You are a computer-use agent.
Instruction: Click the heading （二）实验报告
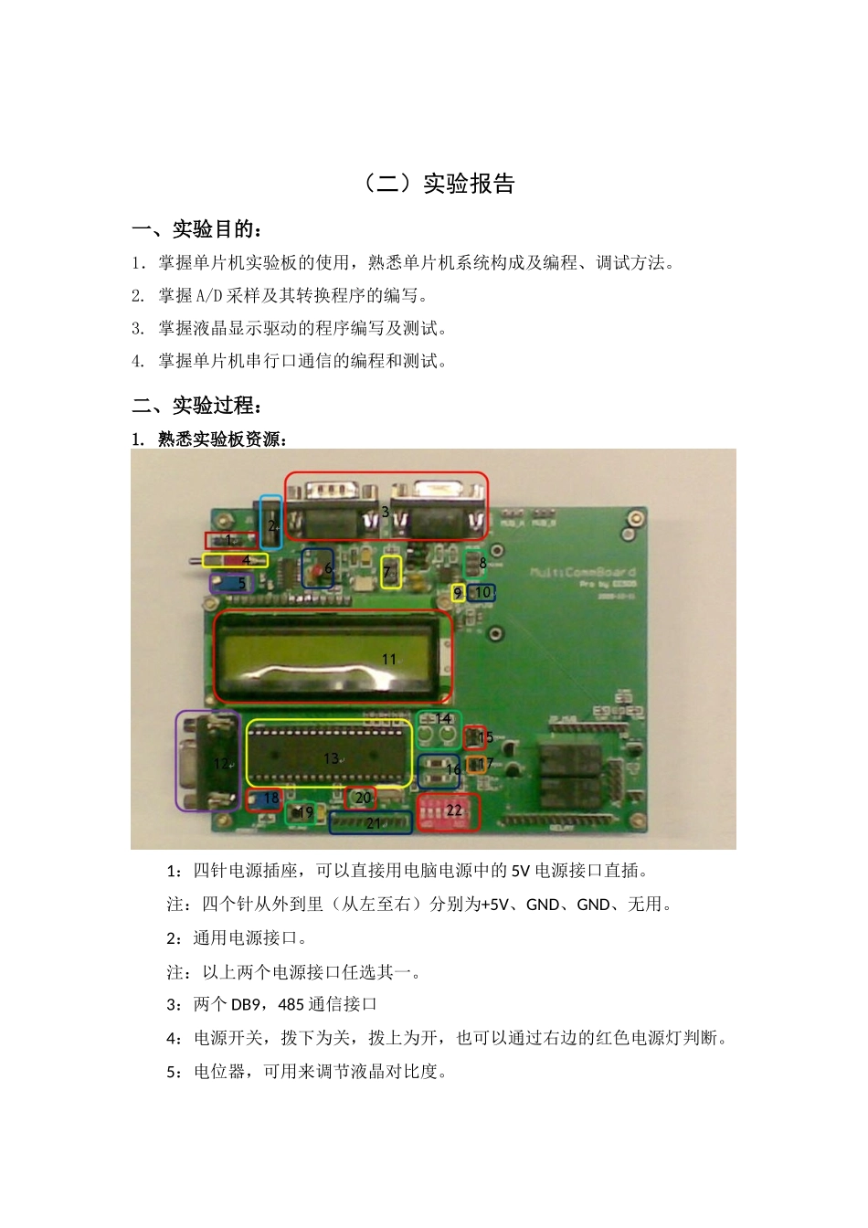click(x=439, y=184)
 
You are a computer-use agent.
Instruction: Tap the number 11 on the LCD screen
click(x=389, y=659)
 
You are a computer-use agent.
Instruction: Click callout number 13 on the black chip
click(x=331, y=758)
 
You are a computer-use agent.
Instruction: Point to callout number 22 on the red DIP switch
click(x=454, y=810)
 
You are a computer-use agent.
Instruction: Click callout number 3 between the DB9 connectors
click(x=386, y=512)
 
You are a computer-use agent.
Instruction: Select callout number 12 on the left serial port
click(x=220, y=763)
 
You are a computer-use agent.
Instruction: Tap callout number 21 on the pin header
click(x=373, y=823)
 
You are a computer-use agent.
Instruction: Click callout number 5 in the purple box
click(x=242, y=583)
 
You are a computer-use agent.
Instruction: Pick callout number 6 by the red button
click(x=329, y=567)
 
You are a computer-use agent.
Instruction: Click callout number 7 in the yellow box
click(x=386, y=573)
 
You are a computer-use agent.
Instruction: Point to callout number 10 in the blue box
click(x=483, y=592)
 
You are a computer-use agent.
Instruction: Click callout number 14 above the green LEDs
click(x=443, y=719)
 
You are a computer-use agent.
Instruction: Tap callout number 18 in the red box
click(x=271, y=799)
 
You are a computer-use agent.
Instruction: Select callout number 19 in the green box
click(x=305, y=811)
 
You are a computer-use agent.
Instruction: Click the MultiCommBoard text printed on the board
click(x=583, y=573)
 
